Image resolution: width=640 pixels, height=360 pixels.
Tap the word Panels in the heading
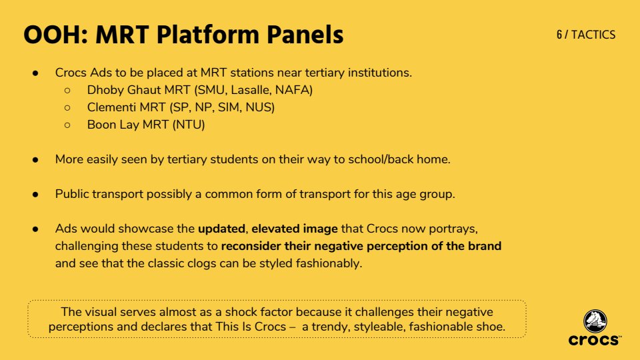[x=305, y=35]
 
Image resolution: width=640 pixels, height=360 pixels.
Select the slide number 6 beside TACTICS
[x=559, y=35]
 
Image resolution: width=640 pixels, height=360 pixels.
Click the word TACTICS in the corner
[x=593, y=35]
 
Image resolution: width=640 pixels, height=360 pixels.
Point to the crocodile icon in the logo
[x=595, y=321]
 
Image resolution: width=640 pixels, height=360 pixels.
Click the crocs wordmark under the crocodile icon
[x=594, y=340]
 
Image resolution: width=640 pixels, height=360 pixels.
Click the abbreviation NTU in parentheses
[x=189, y=125]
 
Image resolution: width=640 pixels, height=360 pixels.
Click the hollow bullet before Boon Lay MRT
[x=67, y=125]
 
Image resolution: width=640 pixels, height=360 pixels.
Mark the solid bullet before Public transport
[x=35, y=194]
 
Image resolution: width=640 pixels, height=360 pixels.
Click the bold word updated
[x=221, y=229]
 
